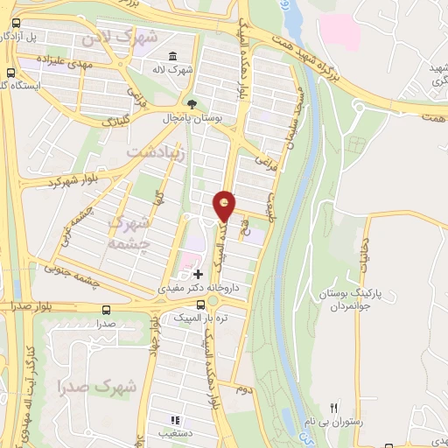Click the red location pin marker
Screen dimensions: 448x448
[225, 207]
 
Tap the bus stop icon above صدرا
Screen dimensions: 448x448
[107, 311]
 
